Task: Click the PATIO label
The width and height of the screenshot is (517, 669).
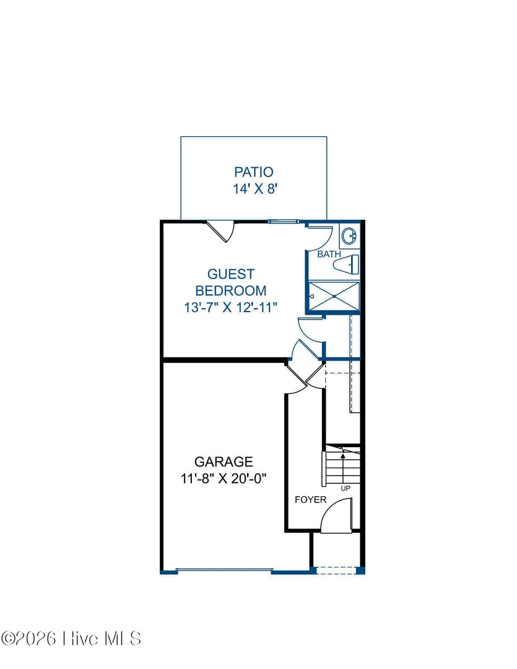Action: pos(253,172)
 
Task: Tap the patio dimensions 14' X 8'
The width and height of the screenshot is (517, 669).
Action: pos(255,188)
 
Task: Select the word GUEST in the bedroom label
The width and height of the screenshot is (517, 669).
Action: pos(231,274)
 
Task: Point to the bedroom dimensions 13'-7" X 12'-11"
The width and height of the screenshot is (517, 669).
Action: pos(231,307)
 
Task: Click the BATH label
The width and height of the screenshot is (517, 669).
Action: pos(329,255)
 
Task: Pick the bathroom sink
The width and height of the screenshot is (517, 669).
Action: pos(349,235)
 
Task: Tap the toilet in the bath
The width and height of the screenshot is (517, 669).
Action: pos(346,265)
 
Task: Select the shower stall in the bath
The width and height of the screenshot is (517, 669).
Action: pos(334,296)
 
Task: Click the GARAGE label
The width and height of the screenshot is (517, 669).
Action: pos(224,461)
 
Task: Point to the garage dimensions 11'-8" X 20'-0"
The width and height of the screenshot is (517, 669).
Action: pos(224,479)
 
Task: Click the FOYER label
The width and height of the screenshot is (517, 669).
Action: pos(311,500)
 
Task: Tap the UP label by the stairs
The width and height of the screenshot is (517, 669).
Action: pos(345,488)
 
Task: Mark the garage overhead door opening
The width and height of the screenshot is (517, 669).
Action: pos(224,570)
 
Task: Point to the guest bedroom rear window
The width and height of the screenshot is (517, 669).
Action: pos(284,221)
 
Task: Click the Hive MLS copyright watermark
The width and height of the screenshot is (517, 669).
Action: pos(71,639)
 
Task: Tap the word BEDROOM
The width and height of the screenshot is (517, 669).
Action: pos(231,291)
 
